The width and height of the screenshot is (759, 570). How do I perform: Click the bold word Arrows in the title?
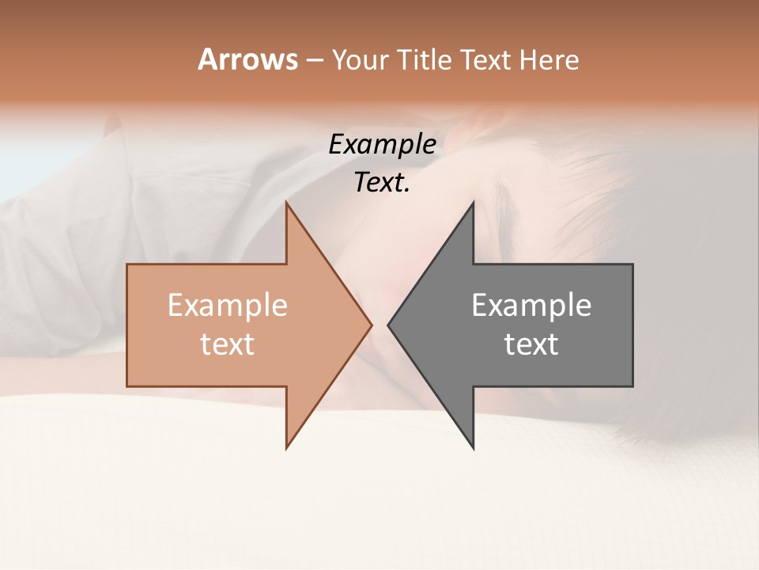tap(248, 59)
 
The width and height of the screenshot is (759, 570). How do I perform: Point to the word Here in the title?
tap(549, 60)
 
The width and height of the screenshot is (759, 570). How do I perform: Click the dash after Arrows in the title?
tap(315, 60)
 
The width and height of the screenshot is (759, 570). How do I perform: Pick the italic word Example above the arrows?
tap(382, 145)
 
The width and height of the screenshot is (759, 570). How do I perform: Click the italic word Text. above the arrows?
tap(382, 183)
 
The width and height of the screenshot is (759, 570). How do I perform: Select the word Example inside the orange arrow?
tap(228, 306)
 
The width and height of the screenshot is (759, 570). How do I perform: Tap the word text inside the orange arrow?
tap(228, 344)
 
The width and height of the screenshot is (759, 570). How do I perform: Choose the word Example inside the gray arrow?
tap(531, 306)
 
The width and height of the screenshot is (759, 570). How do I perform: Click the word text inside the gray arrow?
tap(531, 344)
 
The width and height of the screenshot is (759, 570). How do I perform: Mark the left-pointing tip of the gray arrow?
tap(388, 325)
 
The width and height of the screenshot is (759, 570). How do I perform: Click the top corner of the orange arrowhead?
tap(286, 203)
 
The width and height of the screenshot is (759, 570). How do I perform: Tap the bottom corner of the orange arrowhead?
tap(286, 448)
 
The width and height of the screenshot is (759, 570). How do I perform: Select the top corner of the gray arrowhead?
tap(473, 203)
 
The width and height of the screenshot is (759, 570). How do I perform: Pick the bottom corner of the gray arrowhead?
tap(473, 448)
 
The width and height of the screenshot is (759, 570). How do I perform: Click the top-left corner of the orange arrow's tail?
tap(127, 264)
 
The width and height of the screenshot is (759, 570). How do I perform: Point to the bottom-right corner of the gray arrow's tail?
tap(632, 386)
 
